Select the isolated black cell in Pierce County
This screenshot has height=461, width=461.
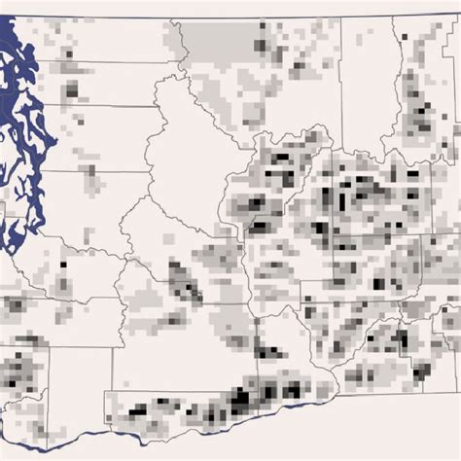point(64,264)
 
